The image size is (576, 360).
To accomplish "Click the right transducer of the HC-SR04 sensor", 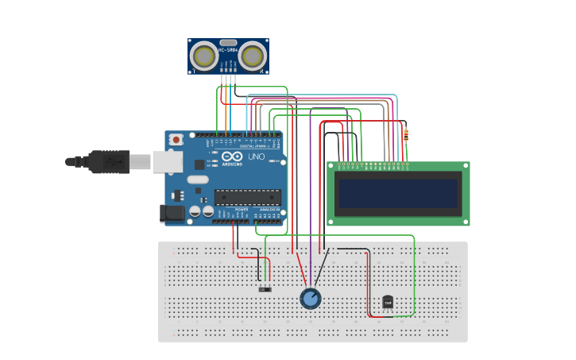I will point(253,56).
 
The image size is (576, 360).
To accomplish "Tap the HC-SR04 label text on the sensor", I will point(229,51).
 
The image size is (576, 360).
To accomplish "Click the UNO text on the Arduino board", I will point(257,157).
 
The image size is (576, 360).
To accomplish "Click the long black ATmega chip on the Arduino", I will point(247,197).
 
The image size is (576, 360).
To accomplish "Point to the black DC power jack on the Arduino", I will point(172,213).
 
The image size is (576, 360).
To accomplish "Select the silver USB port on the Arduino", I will point(167,161).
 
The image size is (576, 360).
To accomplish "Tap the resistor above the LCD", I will point(406,136).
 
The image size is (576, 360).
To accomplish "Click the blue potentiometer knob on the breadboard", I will point(311,299).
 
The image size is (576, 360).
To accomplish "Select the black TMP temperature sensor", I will point(388,302).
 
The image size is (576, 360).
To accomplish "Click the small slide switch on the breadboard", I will point(265,289).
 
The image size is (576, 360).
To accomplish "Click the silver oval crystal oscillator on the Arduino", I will point(198,180).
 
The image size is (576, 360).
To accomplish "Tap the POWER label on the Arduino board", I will point(240,209).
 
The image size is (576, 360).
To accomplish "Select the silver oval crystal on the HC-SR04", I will point(229,43).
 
